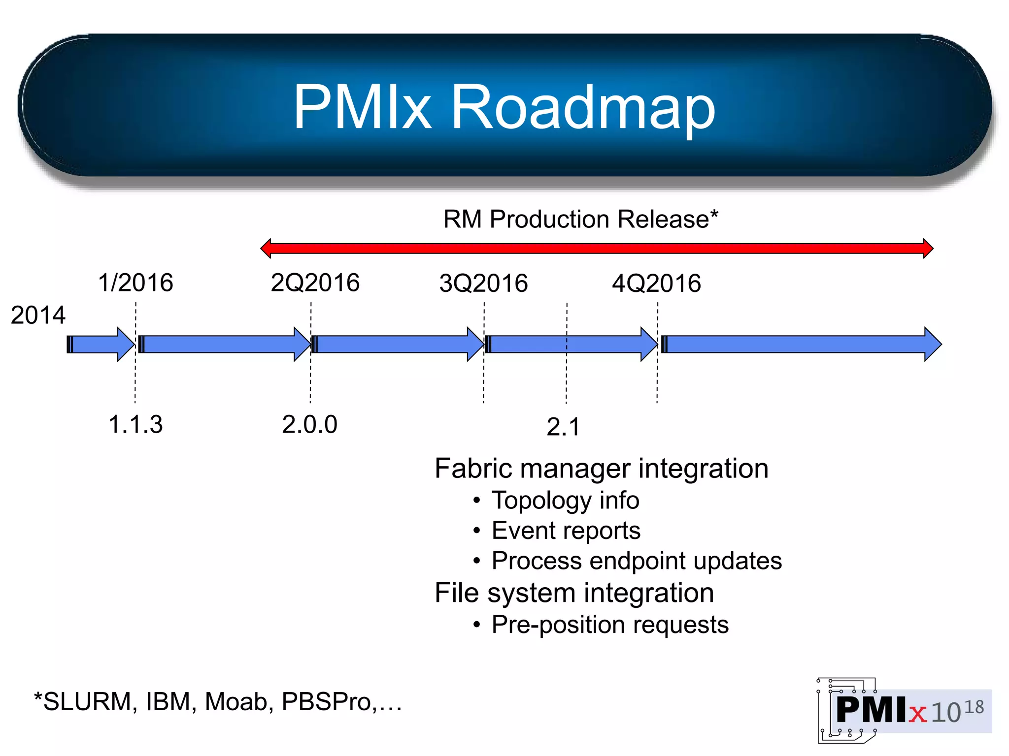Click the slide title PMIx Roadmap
pos(504,107)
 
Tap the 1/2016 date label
pos(135,283)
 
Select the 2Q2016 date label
pos(315,283)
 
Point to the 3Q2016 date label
pos(483,283)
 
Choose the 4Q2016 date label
pos(656,283)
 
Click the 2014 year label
pos(38,315)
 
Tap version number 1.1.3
pos(135,424)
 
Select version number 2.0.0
pos(309,424)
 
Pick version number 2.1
pos(563,427)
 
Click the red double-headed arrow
pos(597,248)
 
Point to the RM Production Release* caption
pos(581,219)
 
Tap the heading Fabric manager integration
pos(602,468)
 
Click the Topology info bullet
pos(565,500)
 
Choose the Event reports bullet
pos(566,531)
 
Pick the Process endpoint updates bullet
pos(637,561)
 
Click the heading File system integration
pos(574,593)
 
